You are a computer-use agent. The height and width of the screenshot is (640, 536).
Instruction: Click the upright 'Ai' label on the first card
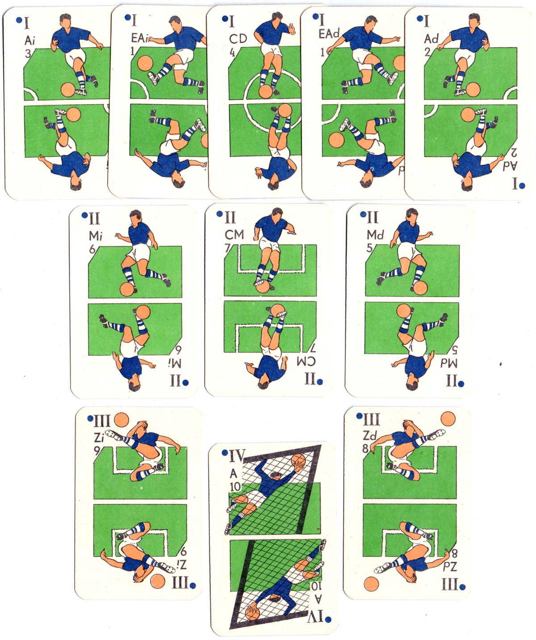point(30,40)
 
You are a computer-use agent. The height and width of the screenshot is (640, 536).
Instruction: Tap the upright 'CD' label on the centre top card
point(238,39)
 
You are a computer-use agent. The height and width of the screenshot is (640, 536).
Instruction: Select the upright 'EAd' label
point(329,33)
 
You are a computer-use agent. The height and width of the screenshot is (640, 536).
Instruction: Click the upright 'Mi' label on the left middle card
point(96,236)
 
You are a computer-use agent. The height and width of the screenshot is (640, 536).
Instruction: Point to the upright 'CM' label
point(234,235)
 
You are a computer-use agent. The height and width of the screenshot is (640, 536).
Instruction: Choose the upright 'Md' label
point(375,235)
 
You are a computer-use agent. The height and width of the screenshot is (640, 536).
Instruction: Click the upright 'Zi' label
point(99,438)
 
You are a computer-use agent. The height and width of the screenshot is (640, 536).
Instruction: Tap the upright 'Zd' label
point(369,435)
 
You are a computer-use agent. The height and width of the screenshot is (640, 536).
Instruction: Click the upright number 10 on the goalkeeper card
point(235,486)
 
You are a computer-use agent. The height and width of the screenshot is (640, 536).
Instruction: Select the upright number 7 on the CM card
point(227,248)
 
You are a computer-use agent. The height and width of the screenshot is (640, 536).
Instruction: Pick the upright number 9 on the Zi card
point(97,450)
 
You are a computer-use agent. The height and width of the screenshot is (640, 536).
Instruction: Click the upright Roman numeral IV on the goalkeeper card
point(237,456)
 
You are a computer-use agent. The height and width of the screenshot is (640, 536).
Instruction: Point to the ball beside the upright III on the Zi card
point(121,420)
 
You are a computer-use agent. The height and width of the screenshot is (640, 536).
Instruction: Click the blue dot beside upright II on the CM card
point(220,214)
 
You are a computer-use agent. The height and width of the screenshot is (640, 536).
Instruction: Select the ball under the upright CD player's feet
point(266,92)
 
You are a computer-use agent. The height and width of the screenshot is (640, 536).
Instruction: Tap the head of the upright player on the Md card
point(412,214)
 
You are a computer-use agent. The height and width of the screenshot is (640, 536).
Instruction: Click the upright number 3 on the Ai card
point(28,54)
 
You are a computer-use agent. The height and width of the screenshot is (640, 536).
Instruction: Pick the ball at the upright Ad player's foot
point(473,89)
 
